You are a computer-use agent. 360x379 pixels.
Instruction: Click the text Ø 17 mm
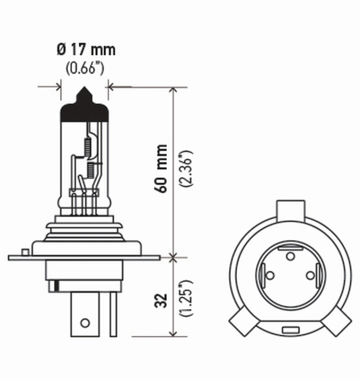86,49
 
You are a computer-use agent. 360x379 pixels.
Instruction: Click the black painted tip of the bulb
85,108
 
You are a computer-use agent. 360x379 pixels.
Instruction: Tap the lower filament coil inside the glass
90,170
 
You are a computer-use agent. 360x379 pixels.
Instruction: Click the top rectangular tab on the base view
290,209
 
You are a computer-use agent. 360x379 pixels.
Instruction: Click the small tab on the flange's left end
26,250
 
